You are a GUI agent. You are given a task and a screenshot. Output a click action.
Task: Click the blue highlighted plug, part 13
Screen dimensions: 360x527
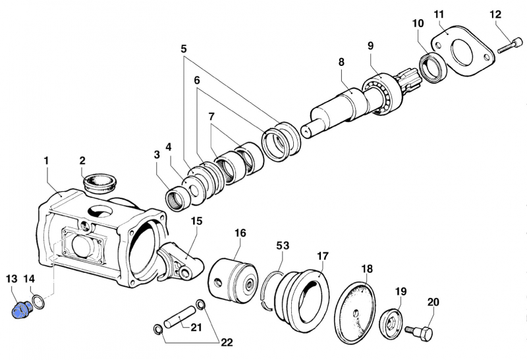(22, 309)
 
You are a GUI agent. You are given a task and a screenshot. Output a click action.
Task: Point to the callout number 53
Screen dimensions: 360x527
(282, 246)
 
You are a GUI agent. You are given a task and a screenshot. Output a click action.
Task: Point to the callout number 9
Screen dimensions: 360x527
(370, 45)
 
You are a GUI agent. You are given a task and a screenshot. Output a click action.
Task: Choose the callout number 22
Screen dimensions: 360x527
(227, 342)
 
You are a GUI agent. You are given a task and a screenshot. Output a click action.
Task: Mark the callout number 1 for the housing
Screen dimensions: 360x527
(46, 161)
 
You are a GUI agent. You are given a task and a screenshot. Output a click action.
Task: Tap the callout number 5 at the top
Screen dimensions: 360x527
(183, 49)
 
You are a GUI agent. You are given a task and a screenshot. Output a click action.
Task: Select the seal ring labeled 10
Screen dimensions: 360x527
(432, 67)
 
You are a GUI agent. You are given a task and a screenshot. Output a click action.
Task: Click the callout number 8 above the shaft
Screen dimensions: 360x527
(341, 62)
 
